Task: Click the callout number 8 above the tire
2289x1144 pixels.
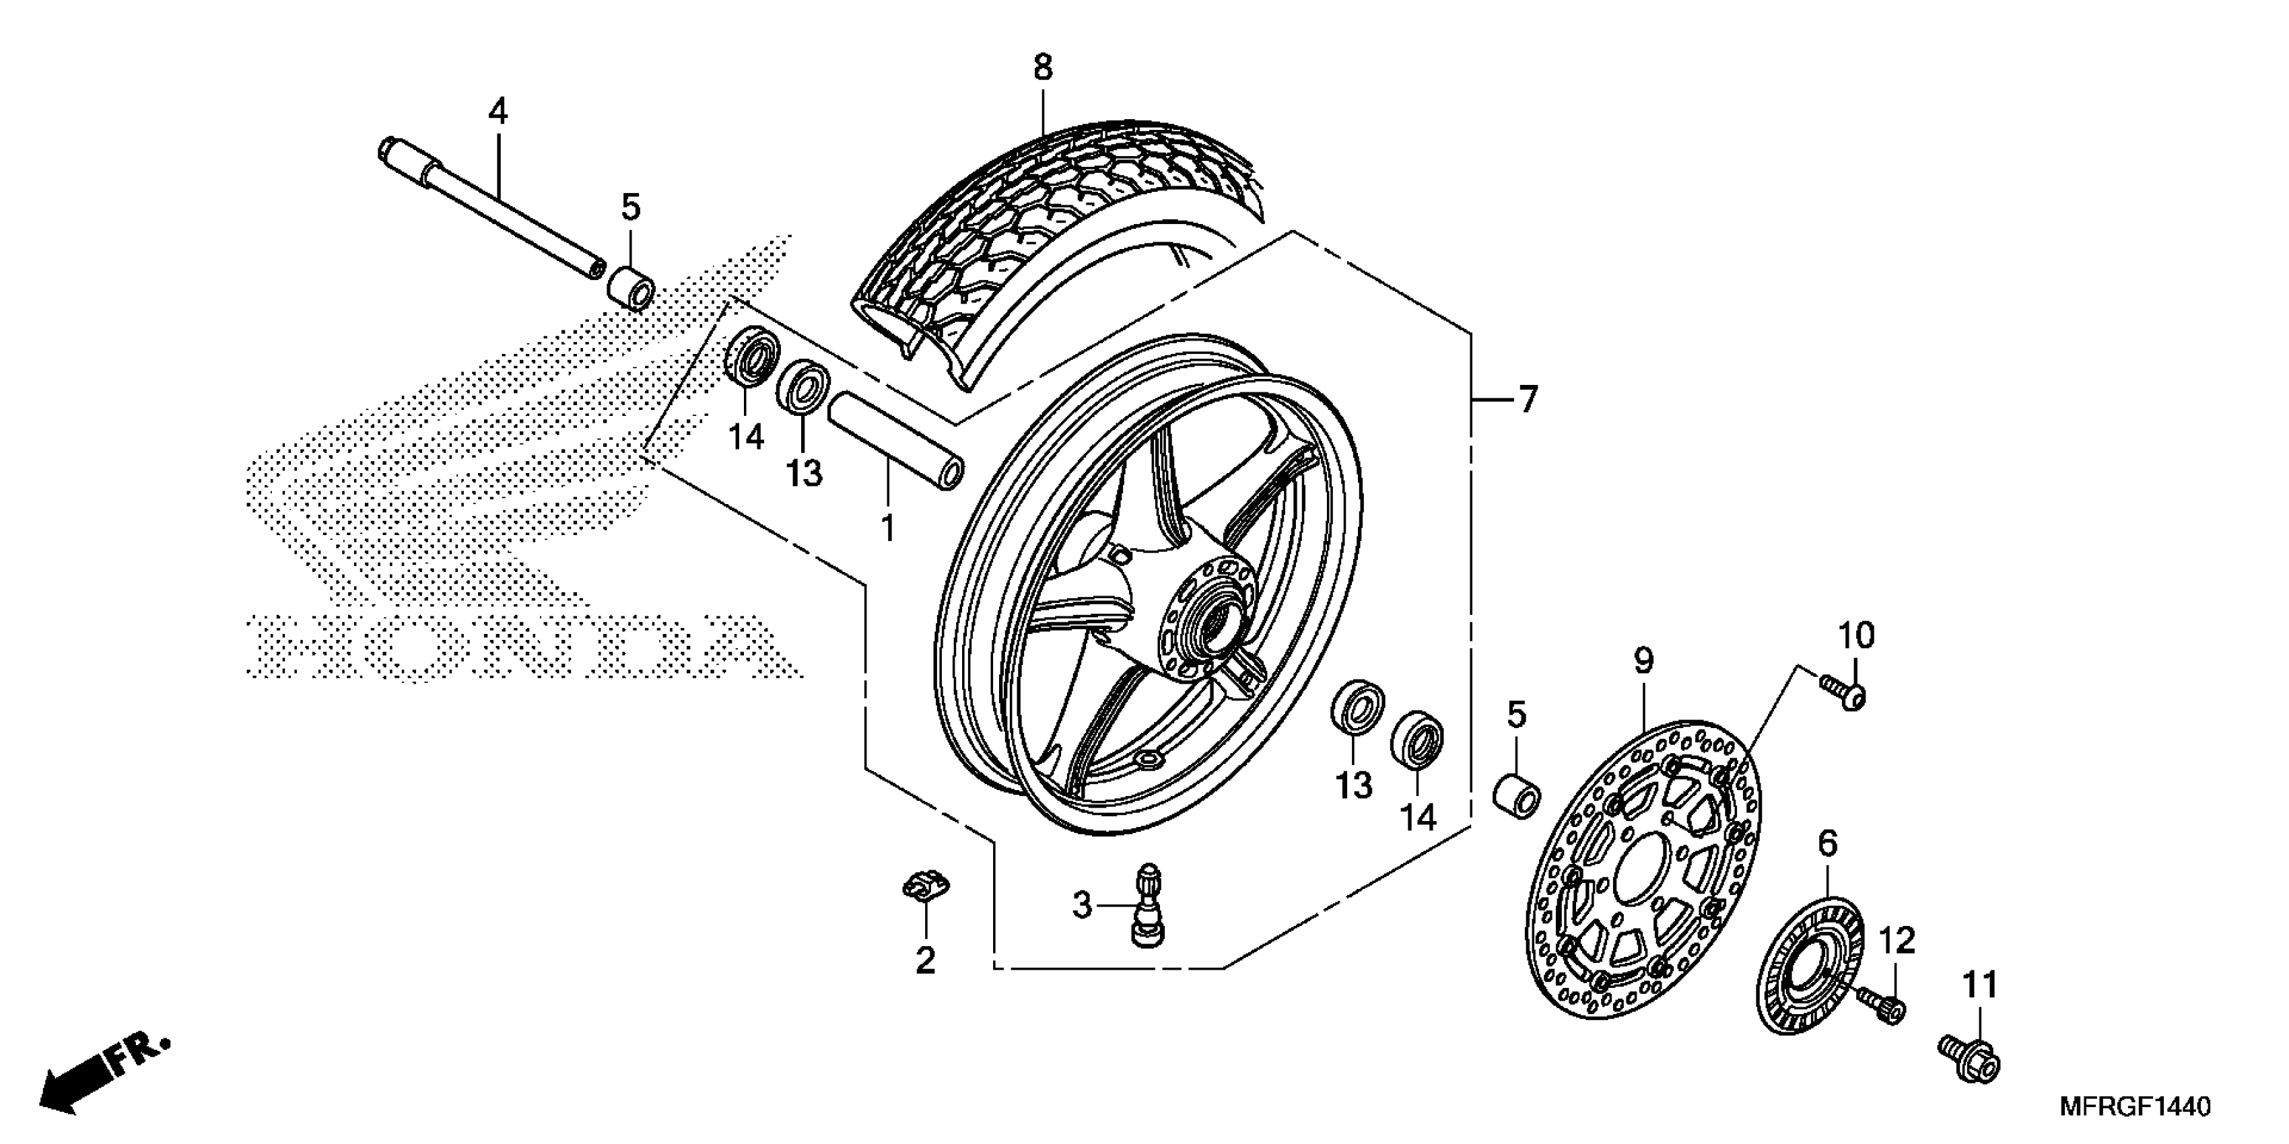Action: tap(1042, 67)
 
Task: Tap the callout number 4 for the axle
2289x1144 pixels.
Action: tap(498, 112)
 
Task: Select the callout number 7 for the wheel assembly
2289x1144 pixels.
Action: tap(1528, 400)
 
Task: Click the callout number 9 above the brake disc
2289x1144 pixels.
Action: tap(1643, 661)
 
